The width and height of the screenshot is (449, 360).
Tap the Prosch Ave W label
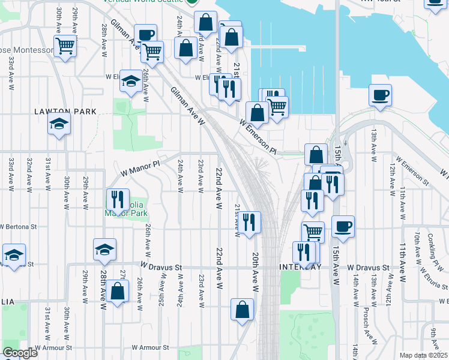pyautogui.click(x=366, y=324)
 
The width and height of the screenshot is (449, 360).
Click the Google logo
pyautogui.click(x=19, y=353)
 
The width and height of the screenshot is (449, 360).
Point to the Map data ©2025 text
pyautogui.click(x=424, y=355)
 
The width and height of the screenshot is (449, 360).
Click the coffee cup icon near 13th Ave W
pyautogui.click(x=379, y=94)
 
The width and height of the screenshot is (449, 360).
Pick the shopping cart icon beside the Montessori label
pyautogui.click(x=65, y=45)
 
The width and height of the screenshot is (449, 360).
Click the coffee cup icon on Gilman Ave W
pyautogui.click(x=145, y=35)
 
